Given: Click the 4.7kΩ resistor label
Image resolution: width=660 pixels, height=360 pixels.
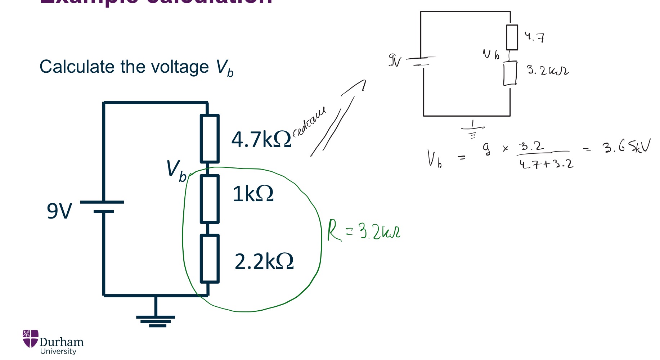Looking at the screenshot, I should pyautogui.click(x=261, y=139).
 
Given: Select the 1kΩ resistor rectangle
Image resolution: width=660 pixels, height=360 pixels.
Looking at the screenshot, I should pyautogui.click(x=210, y=199).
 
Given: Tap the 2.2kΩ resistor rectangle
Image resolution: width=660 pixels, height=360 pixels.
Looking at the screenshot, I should pyautogui.click(x=210, y=259).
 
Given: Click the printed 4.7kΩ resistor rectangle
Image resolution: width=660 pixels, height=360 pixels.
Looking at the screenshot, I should pyautogui.click(x=210, y=139).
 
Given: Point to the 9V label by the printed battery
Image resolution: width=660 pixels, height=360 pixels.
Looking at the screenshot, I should pyautogui.click(x=59, y=211).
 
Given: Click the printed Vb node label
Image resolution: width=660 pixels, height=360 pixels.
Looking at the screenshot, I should pyautogui.click(x=176, y=171).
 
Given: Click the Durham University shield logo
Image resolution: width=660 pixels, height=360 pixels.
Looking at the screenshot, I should pyautogui.click(x=30, y=338).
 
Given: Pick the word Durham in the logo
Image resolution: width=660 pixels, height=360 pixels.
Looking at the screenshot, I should pyautogui.click(x=61, y=342).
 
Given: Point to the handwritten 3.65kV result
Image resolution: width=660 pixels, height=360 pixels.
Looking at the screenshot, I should pyautogui.click(x=626, y=147).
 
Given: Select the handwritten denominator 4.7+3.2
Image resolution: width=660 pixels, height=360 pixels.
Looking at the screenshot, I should pyautogui.click(x=546, y=165).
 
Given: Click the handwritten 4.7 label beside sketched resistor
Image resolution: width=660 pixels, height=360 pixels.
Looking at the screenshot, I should pyautogui.click(x=534, y=37).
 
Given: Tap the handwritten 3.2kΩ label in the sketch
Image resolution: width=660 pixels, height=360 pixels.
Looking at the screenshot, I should pyautogui.click(x=547, y=70).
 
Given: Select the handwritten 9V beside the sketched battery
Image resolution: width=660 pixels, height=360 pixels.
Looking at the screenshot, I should pyautogui.click(x=395, y=60).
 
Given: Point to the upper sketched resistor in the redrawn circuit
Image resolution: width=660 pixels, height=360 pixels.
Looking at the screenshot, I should pyautogui.click(x=512, y=37).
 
